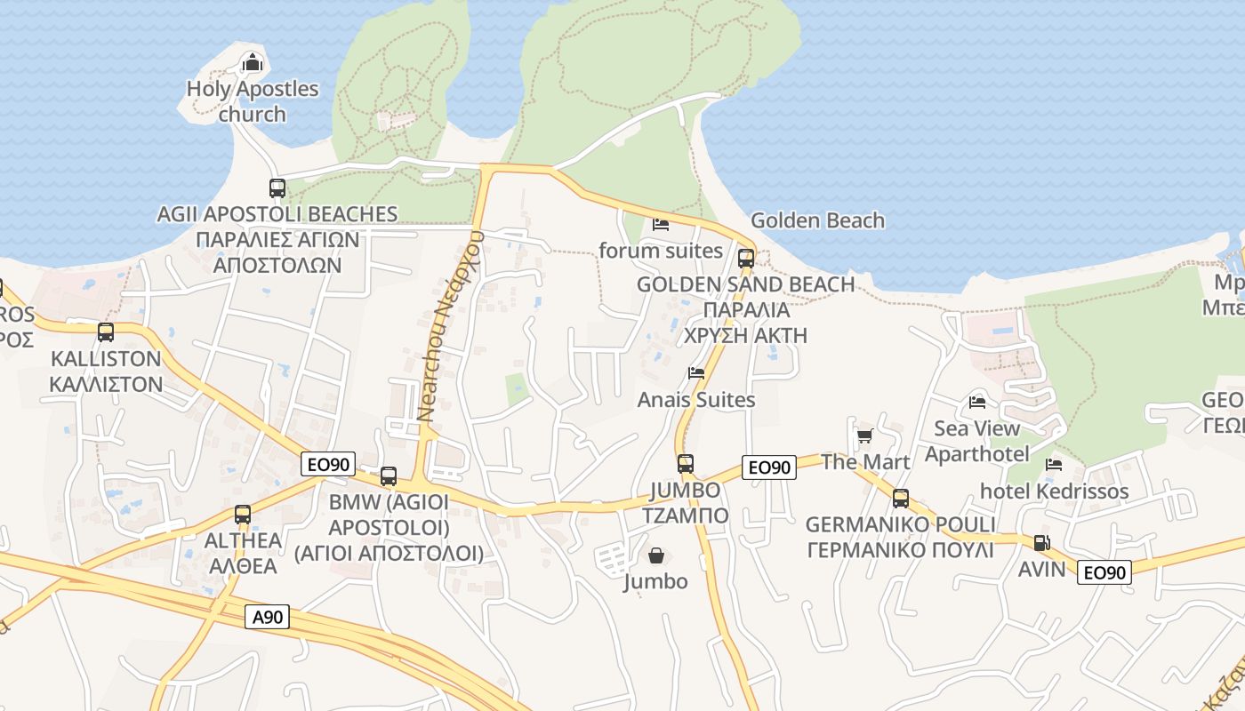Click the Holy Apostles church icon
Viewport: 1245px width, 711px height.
pyautogui.click(x=253, y=62)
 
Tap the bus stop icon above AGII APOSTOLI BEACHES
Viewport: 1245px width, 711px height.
pyautogui.click(x=277, y=188)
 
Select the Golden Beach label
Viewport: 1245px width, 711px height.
pyautogui.click(x=817, y=220)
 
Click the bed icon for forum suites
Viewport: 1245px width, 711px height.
pyautogui.click(x=660, y=224)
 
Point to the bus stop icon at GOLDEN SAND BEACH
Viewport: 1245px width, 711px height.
pyautogui.click(x=745, y=259)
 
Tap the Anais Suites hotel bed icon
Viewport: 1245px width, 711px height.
pyautogui.click(x=696, y=373)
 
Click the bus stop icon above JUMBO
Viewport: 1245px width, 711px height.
pyautogui.click(x=685, y=463)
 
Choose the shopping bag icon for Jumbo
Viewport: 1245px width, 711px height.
pyautogui.click(x=655, y=555)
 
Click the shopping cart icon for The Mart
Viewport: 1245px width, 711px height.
pyautogui.click(x=864, y=435)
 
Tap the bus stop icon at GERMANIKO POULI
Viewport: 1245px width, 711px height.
pyautogui.click(x=900, y=499)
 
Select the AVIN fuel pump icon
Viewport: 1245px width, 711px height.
pyautogui.click(x=1040, y=542)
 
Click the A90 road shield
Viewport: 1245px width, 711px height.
pyautogui.click(x=268, y=616)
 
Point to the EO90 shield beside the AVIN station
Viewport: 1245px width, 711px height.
pyautogui.click(x=1104, y=572)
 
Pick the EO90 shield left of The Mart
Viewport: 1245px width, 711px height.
pyautogui.click(x=769, y=467)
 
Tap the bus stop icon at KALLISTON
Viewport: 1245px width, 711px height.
pyautogui.click(x=106, y=332)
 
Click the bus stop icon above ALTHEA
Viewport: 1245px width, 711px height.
pyautogui.click(x=242, y=514)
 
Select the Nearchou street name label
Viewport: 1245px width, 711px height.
pyautogui.click(x=451, y=325)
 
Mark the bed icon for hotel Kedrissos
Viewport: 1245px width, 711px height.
pyautogui.click(x=1054, y=464)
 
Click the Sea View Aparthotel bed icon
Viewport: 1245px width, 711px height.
pyautogui.click(x=977, y=402)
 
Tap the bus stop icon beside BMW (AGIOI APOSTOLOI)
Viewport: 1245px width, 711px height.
pyautogui.click(x=389, y=475)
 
